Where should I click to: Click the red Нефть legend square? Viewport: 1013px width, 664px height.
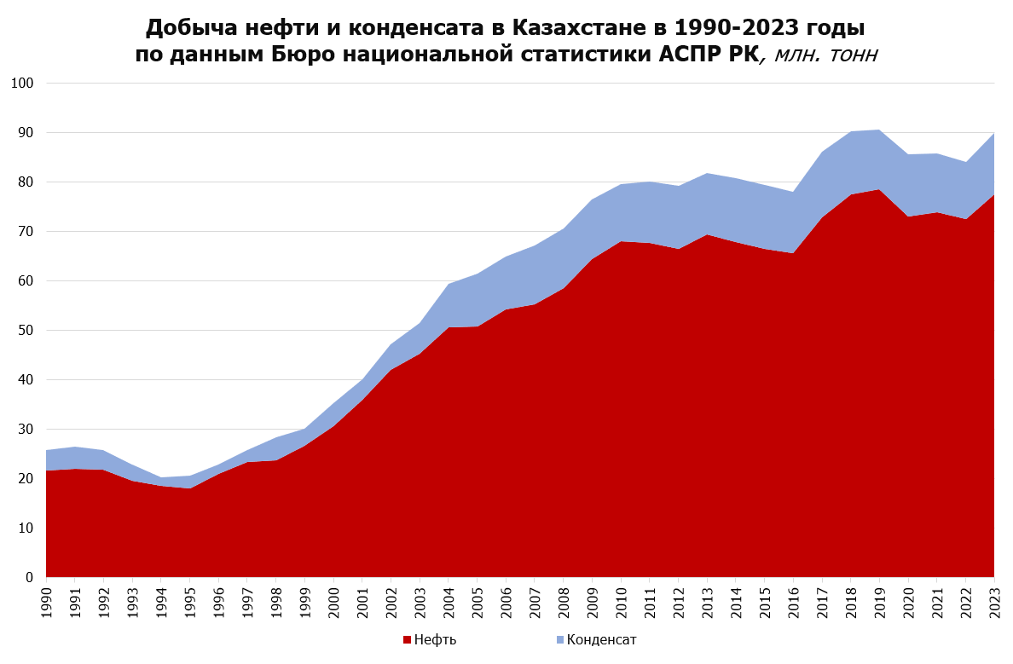(x=407, y=640)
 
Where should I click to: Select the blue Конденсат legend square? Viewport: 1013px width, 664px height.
(x=560, y=640)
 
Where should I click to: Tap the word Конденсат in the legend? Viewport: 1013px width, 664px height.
(x=601, y=640)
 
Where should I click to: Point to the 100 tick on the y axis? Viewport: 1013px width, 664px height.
(x=23, y=84)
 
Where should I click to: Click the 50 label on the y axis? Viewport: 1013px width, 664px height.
(x=26, y=331)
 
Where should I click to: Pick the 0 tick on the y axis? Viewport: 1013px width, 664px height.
(x=30, y=577)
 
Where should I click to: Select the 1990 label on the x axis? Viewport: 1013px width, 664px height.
(x=47, y=602)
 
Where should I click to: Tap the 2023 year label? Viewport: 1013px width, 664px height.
(x=994, y=602)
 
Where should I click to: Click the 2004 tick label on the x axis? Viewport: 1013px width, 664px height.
(x=449, y=602)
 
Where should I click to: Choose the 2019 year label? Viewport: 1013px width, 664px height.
(x=879, y=602)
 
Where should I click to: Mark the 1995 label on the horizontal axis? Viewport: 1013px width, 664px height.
(x=190, y=602)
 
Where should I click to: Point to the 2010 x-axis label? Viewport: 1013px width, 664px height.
(x=621, y=602)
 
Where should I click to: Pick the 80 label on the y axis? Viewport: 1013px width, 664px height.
(x=26, y=182)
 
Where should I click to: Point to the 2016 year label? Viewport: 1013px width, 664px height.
(x=793, y=602)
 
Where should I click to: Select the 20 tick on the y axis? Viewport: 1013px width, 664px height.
(x=26, y=479)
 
